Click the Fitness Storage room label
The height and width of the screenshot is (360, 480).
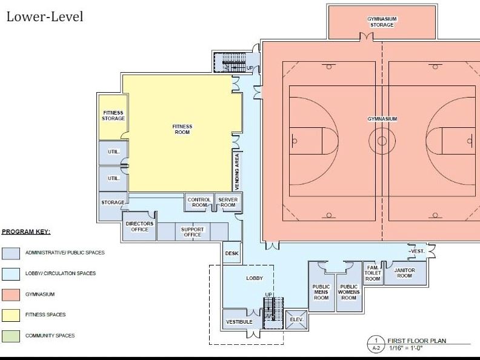tap(113, 116)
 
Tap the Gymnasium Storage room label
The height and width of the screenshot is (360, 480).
tap(382, 22)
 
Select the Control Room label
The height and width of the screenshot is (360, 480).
tap(199, 202)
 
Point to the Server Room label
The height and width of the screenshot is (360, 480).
tap(228, 202)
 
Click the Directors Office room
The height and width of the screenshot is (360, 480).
tap(139, 226)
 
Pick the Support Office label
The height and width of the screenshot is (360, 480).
tap(192, 232)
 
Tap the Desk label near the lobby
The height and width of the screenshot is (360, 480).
tap(232, 253)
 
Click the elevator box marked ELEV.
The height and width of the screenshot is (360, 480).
tap(296, 319)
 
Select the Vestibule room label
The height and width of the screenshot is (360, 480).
tap(239, 322)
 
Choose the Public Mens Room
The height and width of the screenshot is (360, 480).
tap(321, 287)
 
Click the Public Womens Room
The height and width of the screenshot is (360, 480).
tap(348, 292)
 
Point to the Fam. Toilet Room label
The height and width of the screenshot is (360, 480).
tap(373, 273)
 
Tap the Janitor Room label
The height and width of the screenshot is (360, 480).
tap(404, 273)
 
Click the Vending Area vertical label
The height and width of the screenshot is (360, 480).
tap(237, 172)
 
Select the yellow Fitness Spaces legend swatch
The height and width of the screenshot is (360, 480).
tap(11, 315)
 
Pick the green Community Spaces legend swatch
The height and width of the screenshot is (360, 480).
tap(11, 336)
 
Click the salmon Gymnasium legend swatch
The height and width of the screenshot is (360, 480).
tap(11, 295)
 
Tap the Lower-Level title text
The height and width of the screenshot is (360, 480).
tap(45, 16)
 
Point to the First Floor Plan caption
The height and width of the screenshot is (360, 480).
tap(416, 341)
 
